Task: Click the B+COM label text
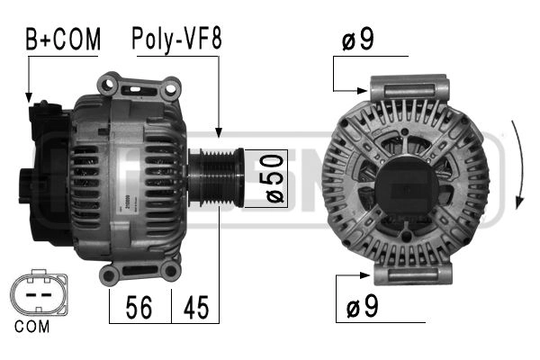pyautogui.click(x=63, y=39)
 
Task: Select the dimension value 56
pyautogui.click(x=139, y=307)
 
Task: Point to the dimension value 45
pyautogui.click(x=196, y=307)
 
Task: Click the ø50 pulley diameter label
pyautogui.click(x=274, y=178)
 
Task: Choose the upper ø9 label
pyautogui.click(x=358, y=39)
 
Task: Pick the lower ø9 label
pyautogui.click(x=362, y=306)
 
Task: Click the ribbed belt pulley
pyautogui.click(x=216, y=177)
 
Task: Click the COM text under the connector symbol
pyautogui.click(x=32, y=326)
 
